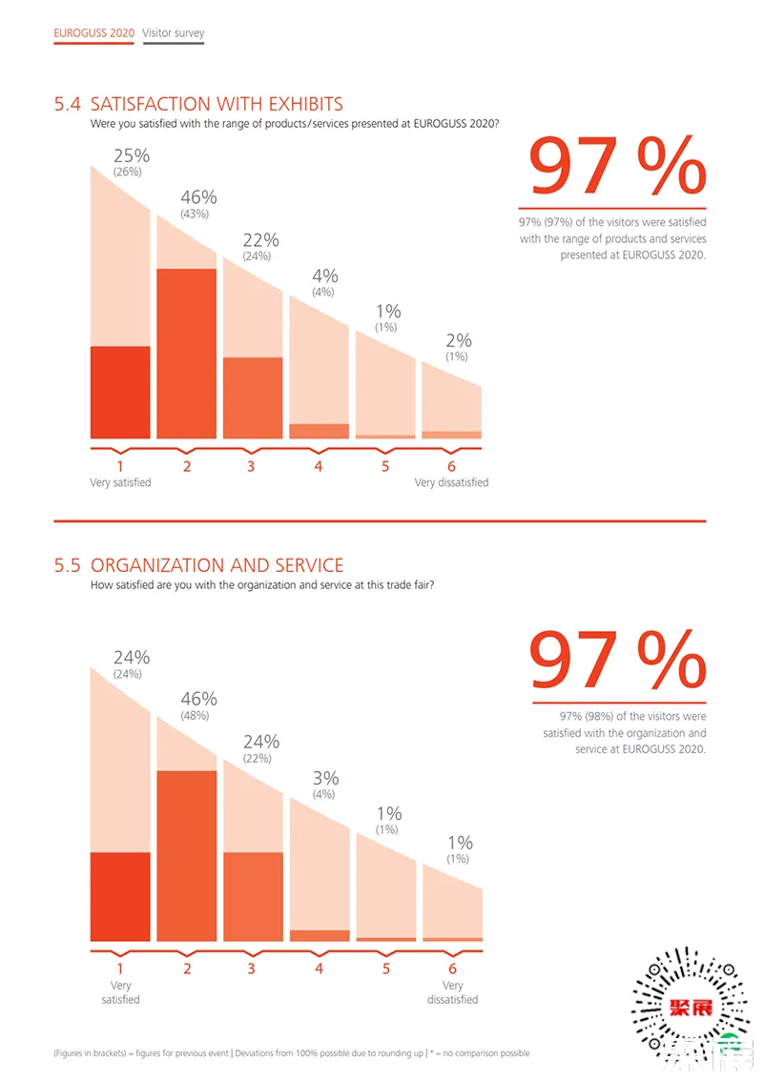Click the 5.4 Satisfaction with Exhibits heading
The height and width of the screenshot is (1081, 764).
point(198,104)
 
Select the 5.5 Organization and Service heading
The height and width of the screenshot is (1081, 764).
point(198,565)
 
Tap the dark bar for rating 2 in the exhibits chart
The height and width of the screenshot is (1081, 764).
point(187,354)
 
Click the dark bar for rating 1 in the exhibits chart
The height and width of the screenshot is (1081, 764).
point(120,392)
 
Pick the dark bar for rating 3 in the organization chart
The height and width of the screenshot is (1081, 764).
point(253,896)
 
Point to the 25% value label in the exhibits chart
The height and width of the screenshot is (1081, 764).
point(132,155)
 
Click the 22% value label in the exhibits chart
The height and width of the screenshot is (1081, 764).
point(260,239)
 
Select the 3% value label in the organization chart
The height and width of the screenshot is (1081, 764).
point(325,778)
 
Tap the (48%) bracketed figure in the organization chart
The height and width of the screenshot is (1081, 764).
point(198,716)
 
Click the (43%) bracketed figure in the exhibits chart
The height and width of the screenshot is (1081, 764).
point(198,214)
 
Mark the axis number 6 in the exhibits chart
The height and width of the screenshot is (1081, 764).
point(451,466)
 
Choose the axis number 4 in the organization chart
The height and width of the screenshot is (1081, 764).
point(319,969)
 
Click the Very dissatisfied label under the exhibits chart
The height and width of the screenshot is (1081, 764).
point(451,482)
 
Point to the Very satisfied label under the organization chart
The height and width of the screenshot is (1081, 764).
point(120,992)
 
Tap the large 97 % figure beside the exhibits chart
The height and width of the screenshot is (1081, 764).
point(617,167)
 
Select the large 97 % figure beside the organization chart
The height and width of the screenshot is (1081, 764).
point(617,661)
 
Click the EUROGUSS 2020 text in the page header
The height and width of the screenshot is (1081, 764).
point(93,33)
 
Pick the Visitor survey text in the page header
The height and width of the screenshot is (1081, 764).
point(173,33)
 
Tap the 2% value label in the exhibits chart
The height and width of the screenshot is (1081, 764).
point(459,340)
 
